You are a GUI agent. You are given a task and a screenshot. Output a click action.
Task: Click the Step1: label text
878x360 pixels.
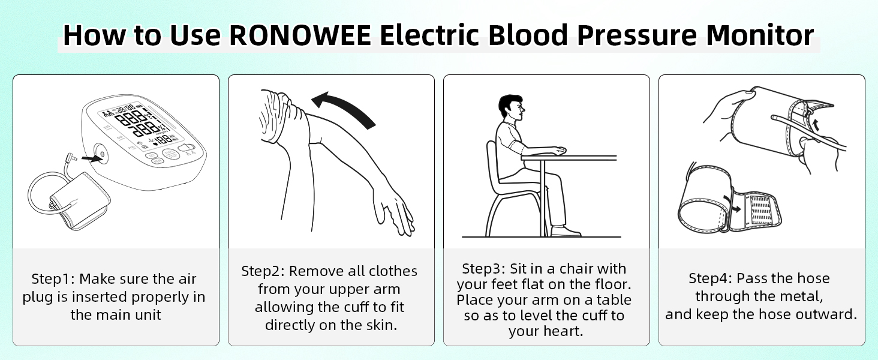53,279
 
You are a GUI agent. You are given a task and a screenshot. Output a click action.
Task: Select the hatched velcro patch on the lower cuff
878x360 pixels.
760,210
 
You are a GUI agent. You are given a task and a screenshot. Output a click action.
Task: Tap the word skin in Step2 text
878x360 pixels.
381,326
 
